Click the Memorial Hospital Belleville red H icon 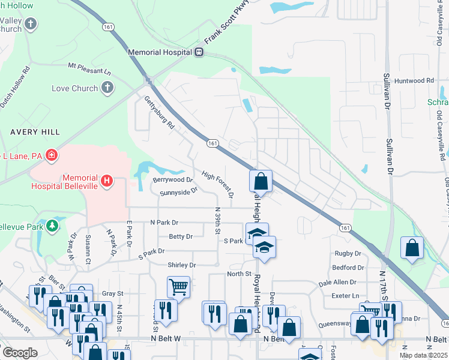107,180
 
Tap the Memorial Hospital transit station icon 198,52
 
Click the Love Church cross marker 107,89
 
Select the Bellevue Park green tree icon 53,225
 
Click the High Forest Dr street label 217,184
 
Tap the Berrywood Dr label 172,179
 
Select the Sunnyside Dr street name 179,193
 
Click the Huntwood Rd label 415,80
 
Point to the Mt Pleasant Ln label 89,68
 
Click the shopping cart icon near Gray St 178,287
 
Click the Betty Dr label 181,237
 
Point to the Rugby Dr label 348,254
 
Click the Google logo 20,353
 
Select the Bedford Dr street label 348,268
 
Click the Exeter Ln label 345,296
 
